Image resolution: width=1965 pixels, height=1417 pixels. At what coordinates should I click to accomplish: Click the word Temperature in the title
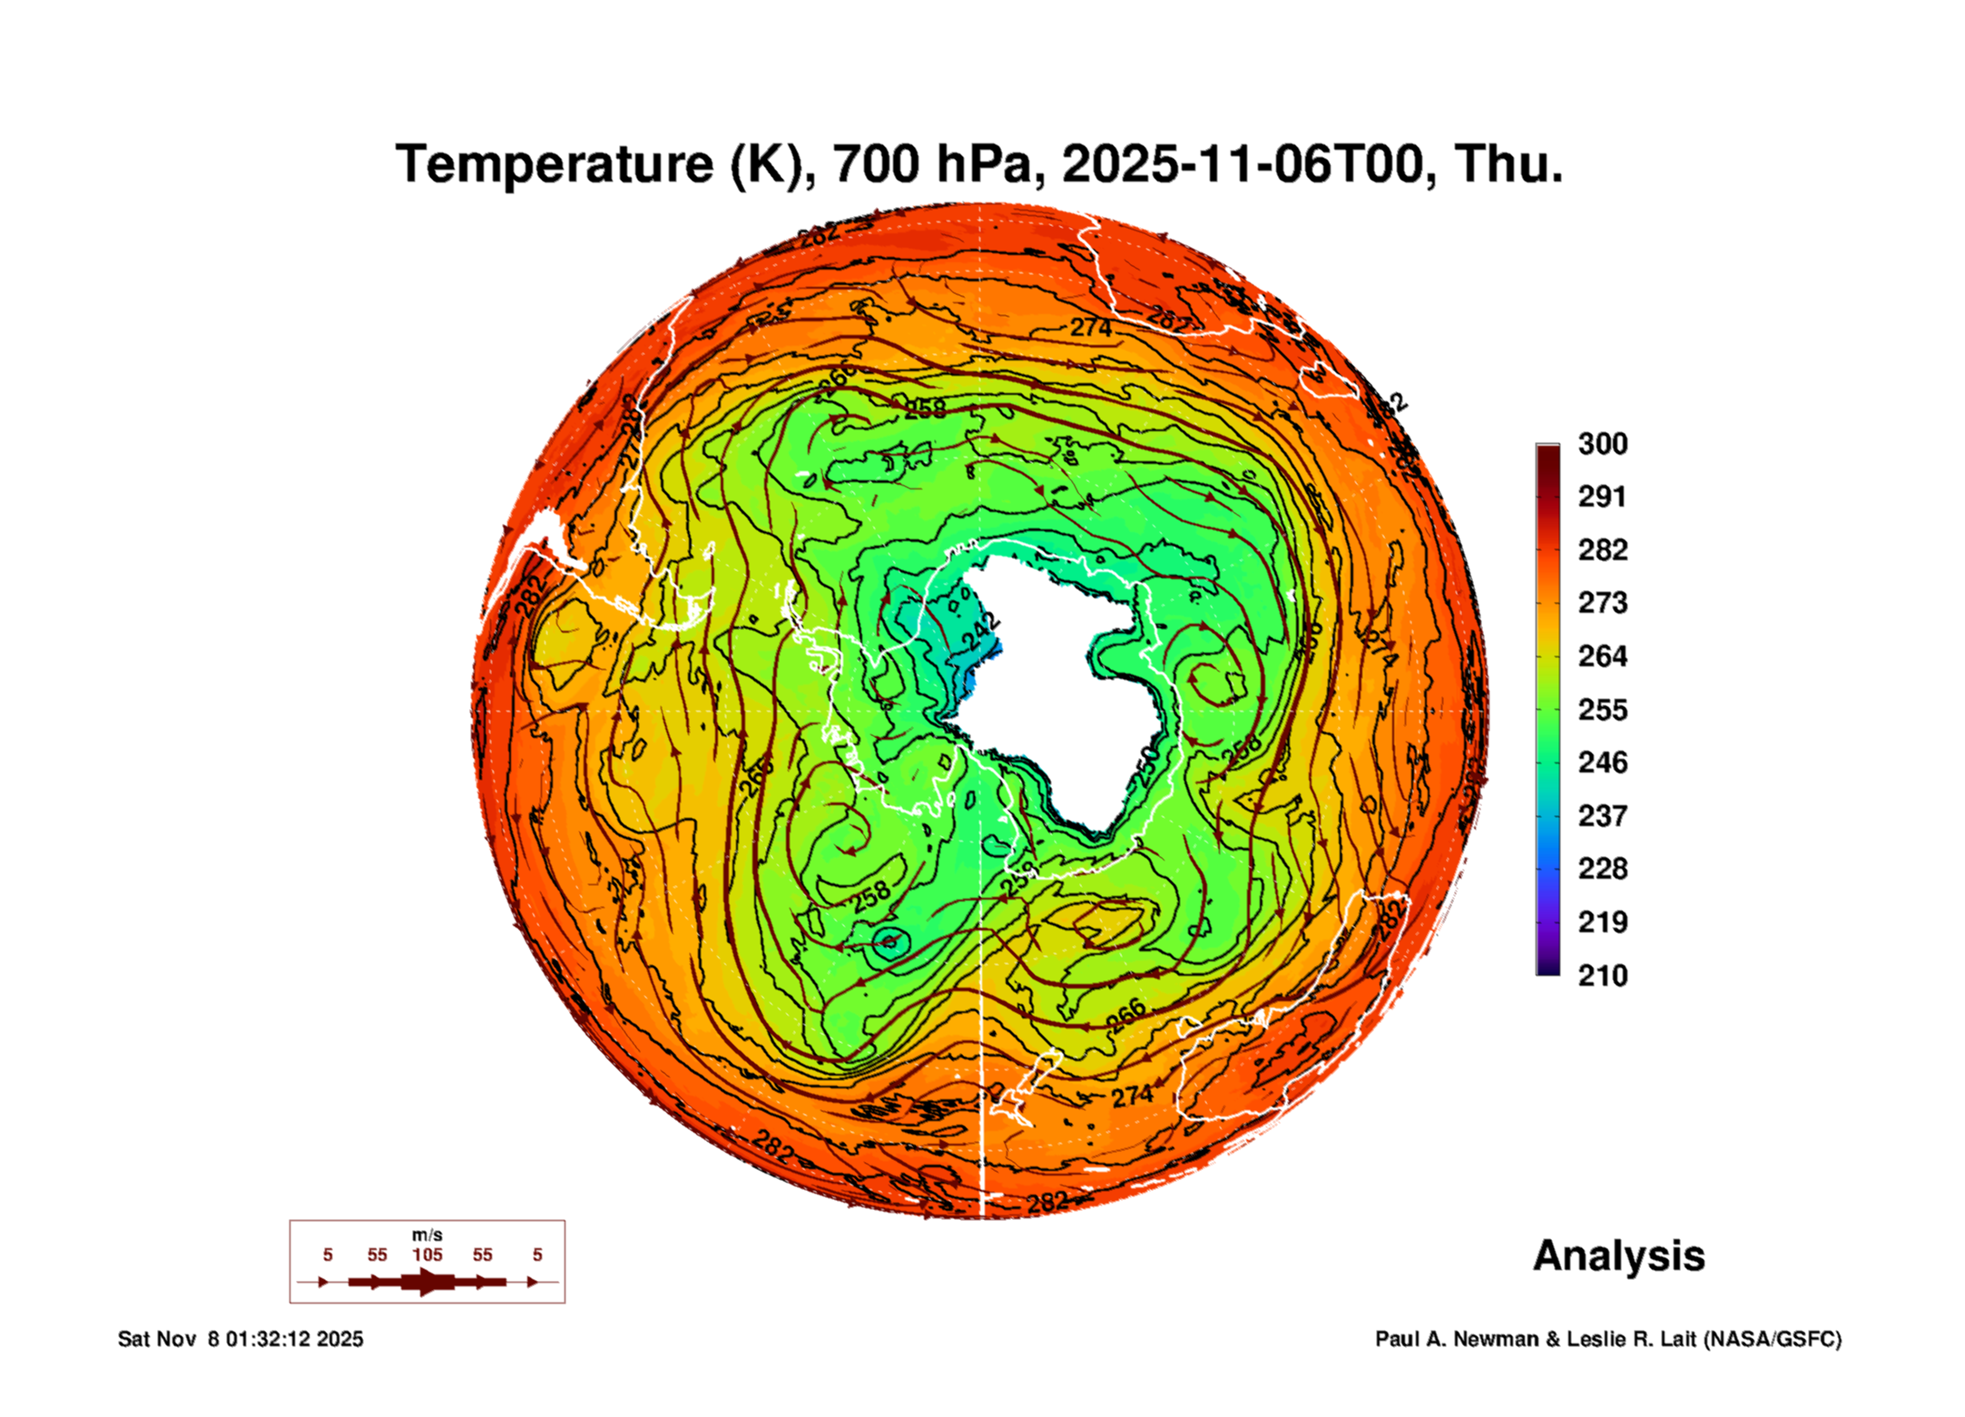pyautogui.click(x=554, y=164)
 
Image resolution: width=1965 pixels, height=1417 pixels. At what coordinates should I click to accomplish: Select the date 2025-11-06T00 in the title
pyautogui.click(x=1249, y=164)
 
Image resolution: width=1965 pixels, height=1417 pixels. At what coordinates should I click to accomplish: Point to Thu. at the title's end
pyautogui.click(x=1508, y=164)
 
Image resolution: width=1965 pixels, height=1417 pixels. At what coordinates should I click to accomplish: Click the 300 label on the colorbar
pyautogui.click(x=1602, y=444)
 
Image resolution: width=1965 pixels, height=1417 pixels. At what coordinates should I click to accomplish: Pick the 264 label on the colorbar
pyautogui.click(x=1602, y=656)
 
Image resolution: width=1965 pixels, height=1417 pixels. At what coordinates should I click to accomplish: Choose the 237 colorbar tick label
pyautogui.click(x=1602, y=816)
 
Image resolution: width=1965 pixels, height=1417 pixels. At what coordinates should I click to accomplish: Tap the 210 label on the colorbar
pyautogui.click(x=1602, y=976)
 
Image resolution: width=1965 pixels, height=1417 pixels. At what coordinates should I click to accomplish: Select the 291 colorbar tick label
pyautogui.click(x=1602, y=497)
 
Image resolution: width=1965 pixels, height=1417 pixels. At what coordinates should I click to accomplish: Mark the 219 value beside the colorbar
pyautogui.click(x=1602, y=922)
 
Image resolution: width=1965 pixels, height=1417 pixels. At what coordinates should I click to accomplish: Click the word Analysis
pyautogui.click(x=1618, y=1256)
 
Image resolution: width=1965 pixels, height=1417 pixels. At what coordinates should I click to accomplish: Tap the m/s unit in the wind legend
pyautogui.click(x=427, y=1235)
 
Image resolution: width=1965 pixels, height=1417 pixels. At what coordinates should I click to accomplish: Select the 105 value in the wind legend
pyautogui.click(x=427, y=1255)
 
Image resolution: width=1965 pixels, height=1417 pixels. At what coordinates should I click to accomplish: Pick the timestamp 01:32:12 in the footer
pyautogui.click(x=268, y=1339)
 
